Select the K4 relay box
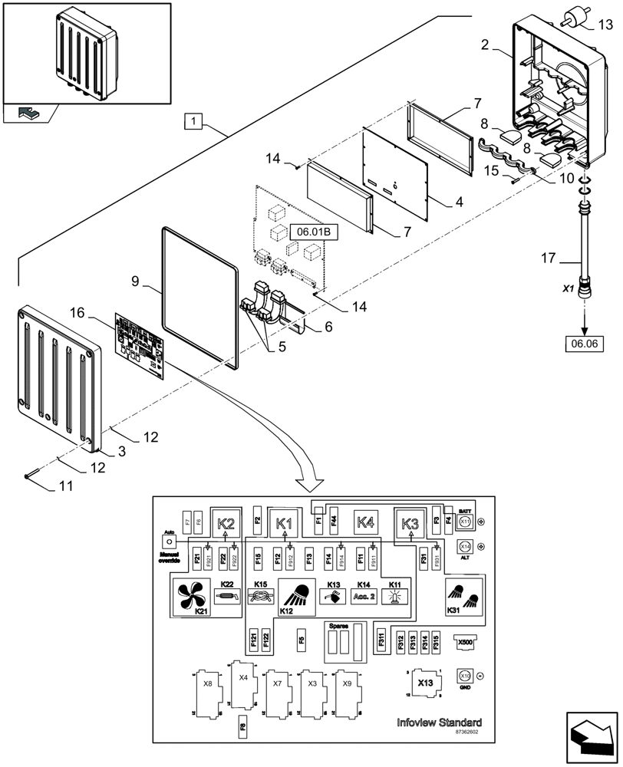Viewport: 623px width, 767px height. (366, 523)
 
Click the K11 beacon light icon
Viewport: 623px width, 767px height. (394, 596)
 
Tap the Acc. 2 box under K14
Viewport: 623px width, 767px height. (363, 596)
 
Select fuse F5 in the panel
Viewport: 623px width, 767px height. (302, 638)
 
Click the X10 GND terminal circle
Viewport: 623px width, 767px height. (464, 676)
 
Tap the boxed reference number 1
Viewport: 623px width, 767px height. (194, 120)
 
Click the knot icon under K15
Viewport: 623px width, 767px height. (261, 596)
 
